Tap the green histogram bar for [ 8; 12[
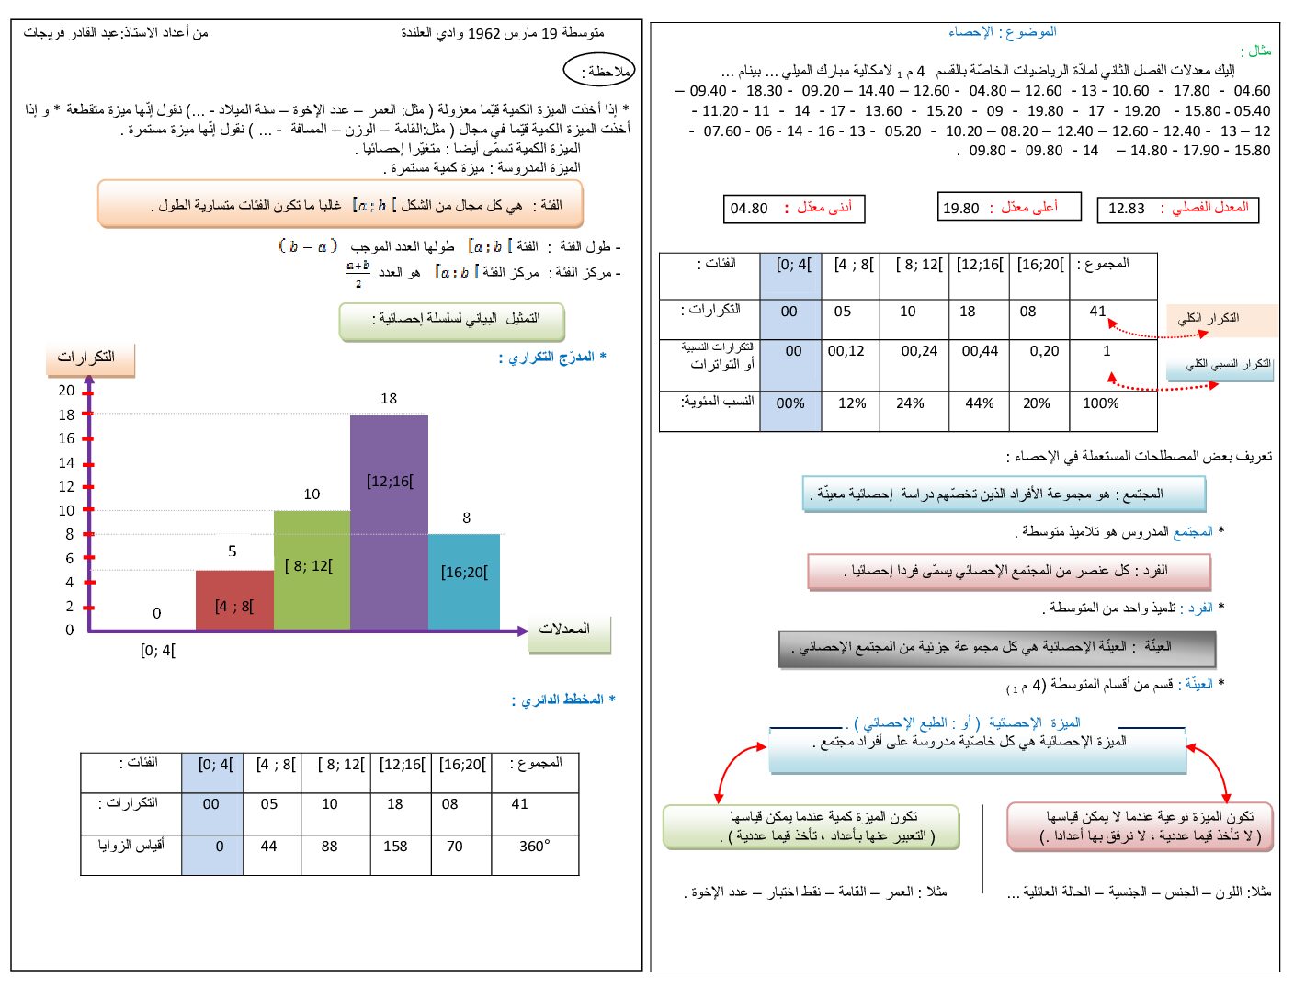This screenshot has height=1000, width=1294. tap(312, 570)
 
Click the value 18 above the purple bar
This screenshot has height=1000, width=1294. tap(389, 399)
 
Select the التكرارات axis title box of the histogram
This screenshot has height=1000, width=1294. tap(90, 358)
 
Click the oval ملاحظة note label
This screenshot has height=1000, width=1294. tap(598, 71)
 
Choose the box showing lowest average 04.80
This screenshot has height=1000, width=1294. tap(794, 209)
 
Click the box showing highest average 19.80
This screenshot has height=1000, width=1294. tap(1008, 208)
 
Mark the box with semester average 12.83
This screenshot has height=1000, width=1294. tap(1177, 209)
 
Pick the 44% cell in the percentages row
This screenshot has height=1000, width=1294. tap(980, 403)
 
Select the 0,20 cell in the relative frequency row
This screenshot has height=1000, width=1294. tap(1044, 351)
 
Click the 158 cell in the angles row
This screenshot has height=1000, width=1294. tap(395, 847)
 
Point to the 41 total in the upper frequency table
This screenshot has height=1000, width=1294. tap(1097, 312)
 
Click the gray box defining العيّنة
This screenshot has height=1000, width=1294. tap(996, 648)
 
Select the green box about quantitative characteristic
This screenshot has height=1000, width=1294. tap(811, 826)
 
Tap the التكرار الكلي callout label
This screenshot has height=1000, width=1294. tap(1222, 319)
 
